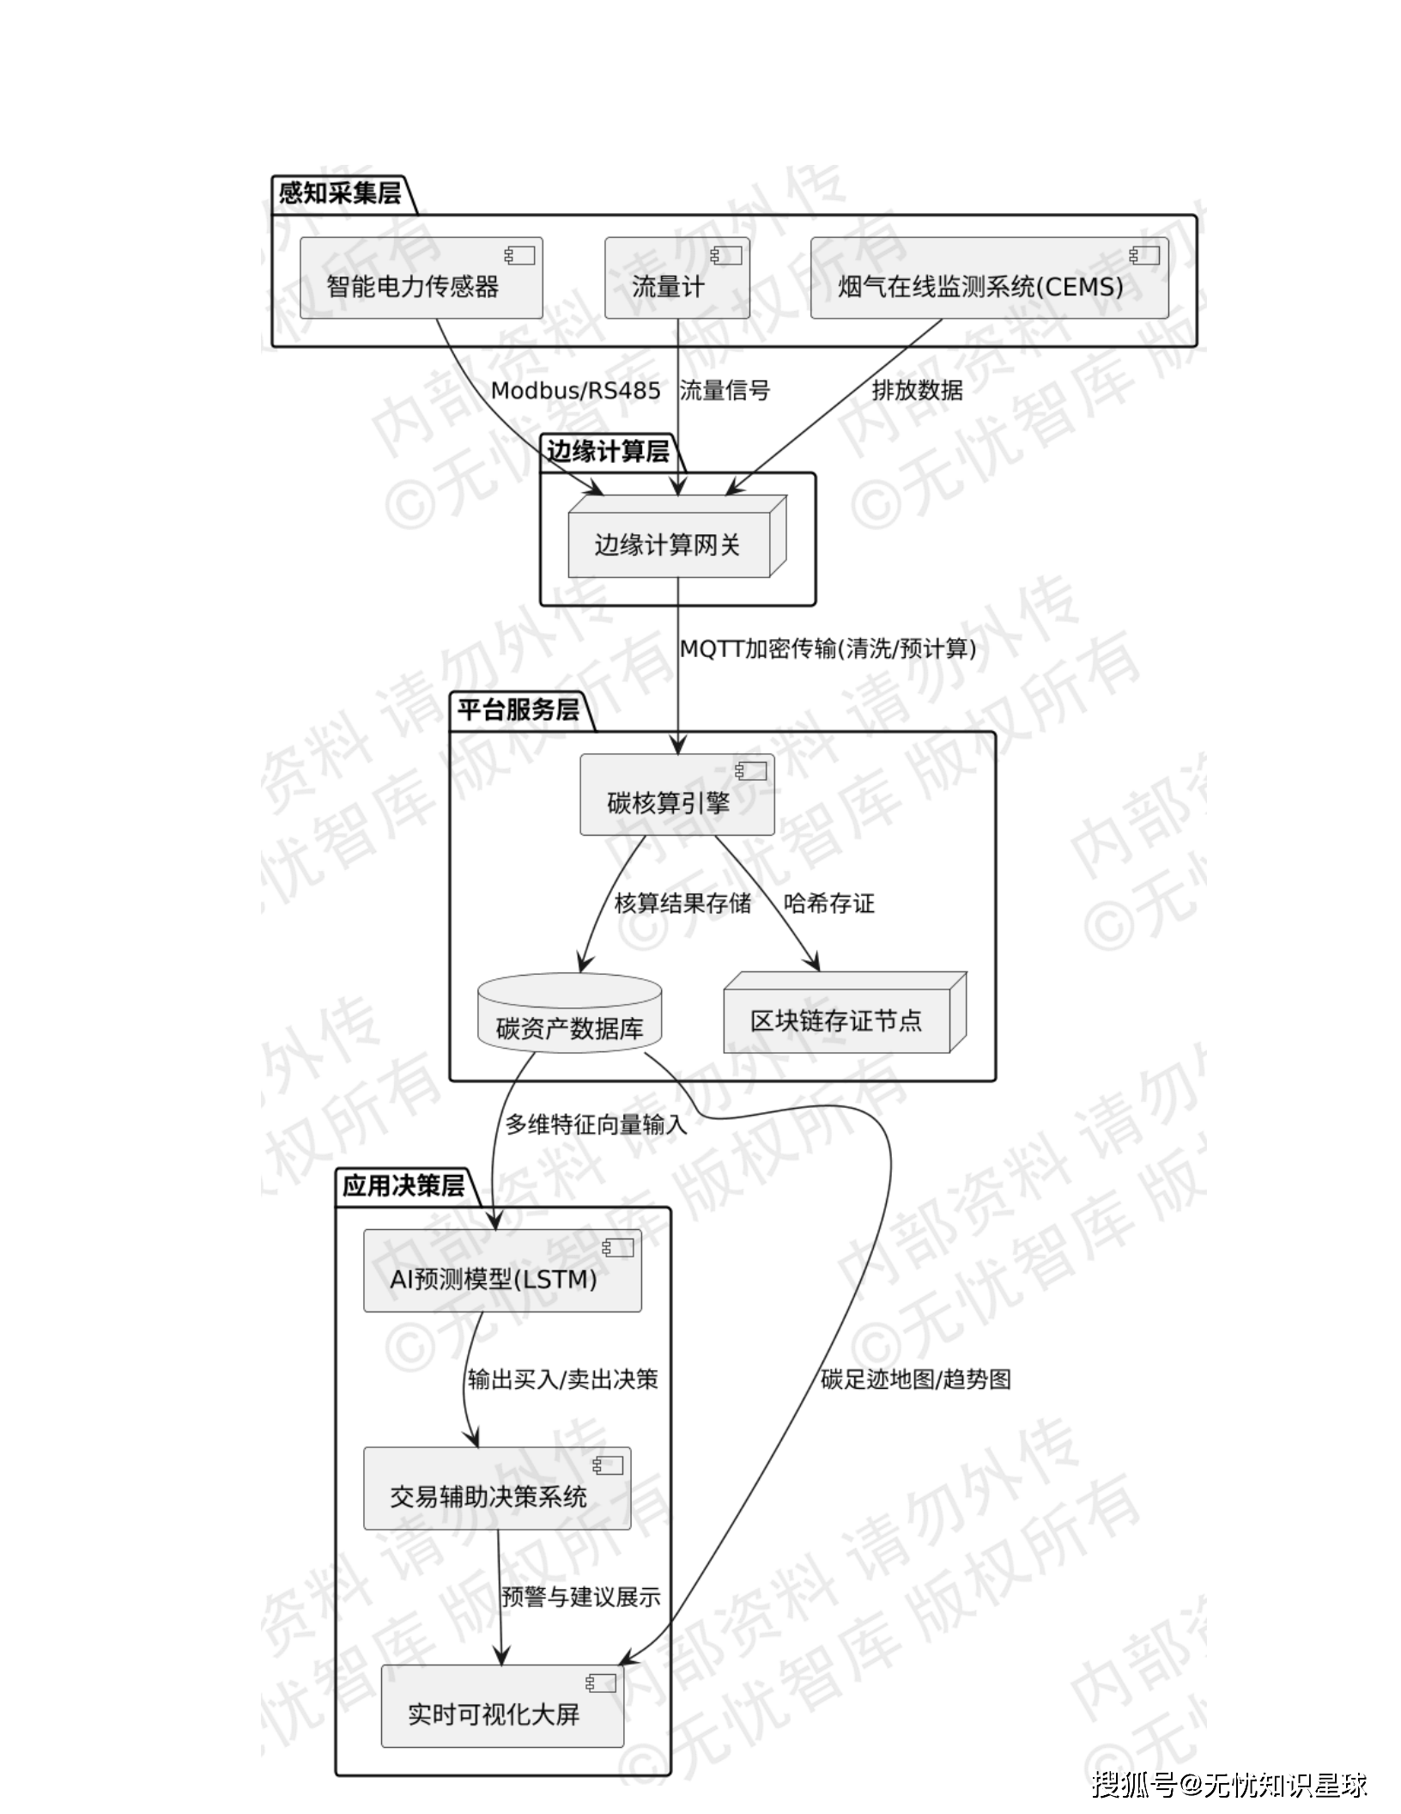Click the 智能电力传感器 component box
click(421, 278)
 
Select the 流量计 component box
click(676, 278)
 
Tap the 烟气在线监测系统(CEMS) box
click(989, 278)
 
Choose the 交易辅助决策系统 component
click(496, 1488)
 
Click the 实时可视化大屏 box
click(502, 1707)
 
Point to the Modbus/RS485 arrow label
click(575, 391)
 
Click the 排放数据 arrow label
click(917, 391)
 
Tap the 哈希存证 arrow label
click(828, 903)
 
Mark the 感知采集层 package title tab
click(340, 193)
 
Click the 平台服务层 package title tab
click(518, 710)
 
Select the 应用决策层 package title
click(403, 1185)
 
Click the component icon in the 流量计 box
click(726, 255)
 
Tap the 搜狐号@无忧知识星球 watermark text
click(1228, 1784)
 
